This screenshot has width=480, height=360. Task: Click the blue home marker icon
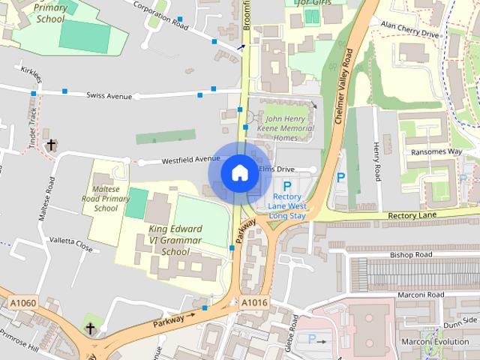point(239,172)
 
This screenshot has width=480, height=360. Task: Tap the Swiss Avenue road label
point(109,96)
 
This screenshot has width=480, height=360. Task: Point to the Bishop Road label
point(411,255)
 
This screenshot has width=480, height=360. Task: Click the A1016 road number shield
point(254,302)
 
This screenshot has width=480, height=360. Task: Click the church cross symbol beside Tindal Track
point(51,144)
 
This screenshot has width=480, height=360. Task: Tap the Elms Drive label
point(277,170)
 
